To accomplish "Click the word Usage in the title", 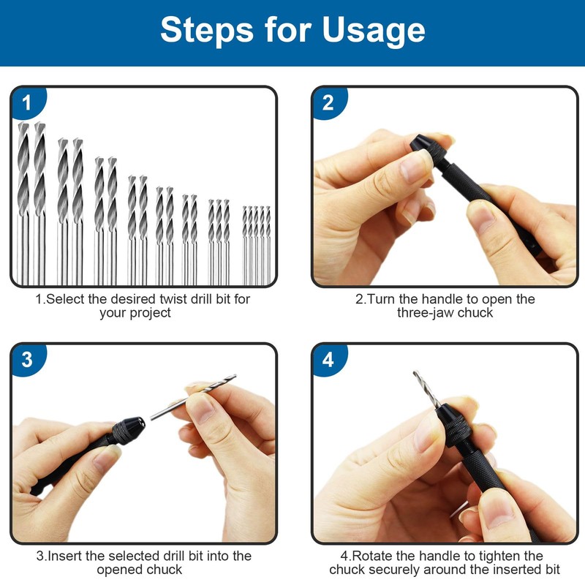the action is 373,31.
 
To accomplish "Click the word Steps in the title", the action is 208,29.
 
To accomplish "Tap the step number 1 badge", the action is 27,102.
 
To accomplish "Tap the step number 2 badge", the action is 328,102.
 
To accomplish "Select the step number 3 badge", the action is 27,359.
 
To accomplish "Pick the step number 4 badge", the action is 328,359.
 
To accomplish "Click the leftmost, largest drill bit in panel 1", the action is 23,203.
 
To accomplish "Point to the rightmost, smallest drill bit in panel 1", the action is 268,245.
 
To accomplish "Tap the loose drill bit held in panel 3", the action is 193,397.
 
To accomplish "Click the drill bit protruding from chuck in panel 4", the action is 426,389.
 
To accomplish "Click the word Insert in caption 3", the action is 65,556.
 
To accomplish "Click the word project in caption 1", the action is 151,313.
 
